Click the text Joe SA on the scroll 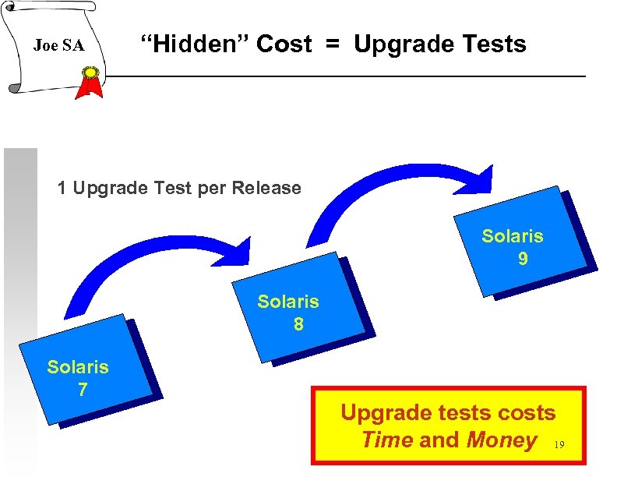[58, 46]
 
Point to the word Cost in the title [284, 44]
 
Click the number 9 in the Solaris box [523, 258]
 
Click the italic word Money [501, 440]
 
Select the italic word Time [387, 440]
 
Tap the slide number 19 [558, 446]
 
